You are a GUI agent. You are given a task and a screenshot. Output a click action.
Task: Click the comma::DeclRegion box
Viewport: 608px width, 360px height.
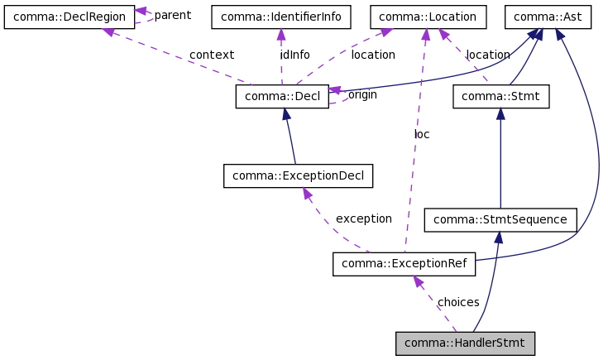69,17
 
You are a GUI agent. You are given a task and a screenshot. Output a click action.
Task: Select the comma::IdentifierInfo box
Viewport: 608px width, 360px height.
281,17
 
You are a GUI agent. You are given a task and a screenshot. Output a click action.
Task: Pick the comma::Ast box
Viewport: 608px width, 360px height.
548,17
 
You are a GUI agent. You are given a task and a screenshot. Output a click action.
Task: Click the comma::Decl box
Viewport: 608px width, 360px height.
282,97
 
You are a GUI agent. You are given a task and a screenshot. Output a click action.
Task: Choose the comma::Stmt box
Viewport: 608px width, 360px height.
500,97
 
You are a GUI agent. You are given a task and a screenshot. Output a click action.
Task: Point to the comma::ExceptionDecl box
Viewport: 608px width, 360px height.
298,175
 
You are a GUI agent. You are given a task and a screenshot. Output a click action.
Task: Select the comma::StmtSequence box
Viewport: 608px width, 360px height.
500,219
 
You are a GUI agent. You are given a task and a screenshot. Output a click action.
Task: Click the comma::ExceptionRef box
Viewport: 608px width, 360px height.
404,265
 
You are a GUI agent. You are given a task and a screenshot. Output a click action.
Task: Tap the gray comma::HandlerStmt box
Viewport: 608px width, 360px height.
466,343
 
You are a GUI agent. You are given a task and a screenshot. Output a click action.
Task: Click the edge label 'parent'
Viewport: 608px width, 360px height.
172,15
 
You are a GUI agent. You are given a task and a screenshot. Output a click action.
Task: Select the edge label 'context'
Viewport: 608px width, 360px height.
211,55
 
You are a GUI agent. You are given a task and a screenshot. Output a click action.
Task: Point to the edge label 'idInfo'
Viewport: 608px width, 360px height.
294,55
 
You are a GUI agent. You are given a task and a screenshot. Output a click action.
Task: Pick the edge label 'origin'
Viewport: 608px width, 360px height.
362,94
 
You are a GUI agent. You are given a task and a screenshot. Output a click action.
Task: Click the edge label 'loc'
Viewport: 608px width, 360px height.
422,133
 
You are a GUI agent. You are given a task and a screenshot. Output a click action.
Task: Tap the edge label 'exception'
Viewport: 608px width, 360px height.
363,218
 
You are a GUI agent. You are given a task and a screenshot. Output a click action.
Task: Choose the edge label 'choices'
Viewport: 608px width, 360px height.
458,302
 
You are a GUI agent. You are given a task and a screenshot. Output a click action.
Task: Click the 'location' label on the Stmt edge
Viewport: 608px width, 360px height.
488,55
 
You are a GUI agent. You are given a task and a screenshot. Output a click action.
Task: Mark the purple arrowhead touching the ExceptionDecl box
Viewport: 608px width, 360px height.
306,194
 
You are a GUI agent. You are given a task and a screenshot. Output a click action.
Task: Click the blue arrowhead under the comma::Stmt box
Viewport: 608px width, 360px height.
500,114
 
